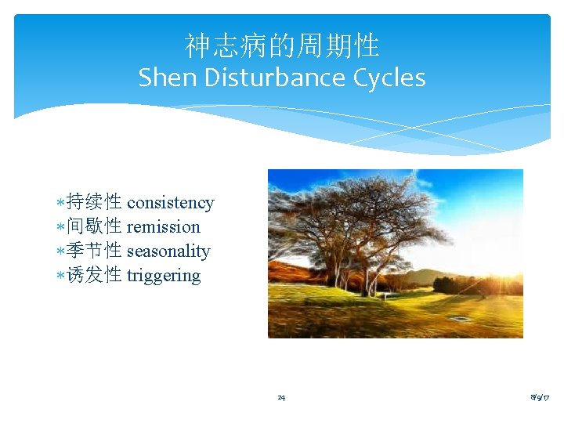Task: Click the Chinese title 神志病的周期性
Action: click(282, 46)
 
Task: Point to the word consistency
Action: click(170, 203)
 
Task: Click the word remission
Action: click(163, 227)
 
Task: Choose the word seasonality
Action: click(168, 251)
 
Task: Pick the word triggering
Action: click(163, 276)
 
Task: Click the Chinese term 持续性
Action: click(94, 202)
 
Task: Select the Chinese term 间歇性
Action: click(94, 226)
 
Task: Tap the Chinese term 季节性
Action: click(94, 251)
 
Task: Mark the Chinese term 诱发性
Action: click(94, 275)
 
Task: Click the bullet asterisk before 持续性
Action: click(62, 204)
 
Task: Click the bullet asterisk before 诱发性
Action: click(62, 277)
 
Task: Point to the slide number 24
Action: click(281, 398)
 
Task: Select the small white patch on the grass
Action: click(460, 319)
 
